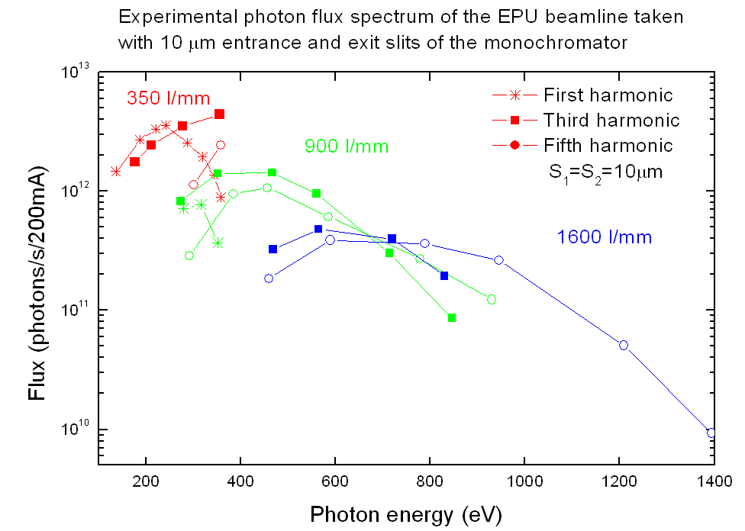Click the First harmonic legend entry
(608, 95)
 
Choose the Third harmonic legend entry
(611, 120)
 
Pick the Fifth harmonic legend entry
(608, 145)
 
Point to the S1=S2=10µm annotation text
(601, 172)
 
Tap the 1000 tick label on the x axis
(524, 483)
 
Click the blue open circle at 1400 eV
(711, 433)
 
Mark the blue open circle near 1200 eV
(624, 345)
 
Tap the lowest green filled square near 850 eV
(452, 317)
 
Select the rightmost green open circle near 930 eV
(492, 299)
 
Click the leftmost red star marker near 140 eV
(116, 172)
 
